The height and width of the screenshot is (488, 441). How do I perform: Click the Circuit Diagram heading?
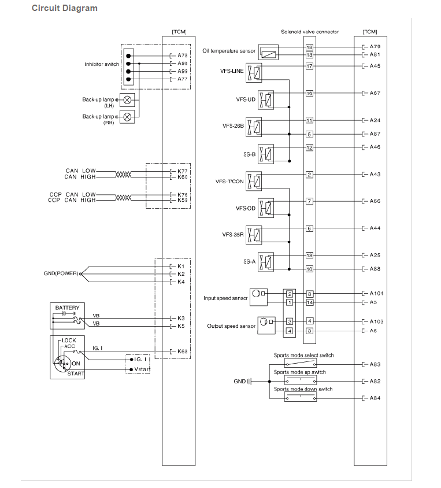[65, 8]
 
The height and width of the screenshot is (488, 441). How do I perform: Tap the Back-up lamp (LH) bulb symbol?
[127, 100]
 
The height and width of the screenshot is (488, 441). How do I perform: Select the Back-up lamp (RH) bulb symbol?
[127, 117]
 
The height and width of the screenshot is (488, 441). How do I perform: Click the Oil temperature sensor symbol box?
[268, 52]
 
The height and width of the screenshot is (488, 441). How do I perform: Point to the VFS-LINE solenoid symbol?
[254, 73]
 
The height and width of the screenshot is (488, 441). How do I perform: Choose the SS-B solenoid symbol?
[266, 154]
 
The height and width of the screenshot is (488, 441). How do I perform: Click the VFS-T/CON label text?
[229, 182]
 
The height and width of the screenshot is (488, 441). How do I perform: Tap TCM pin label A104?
[376, 293]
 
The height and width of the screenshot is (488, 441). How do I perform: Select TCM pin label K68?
[182, 352]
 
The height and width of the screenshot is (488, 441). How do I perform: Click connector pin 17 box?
[309, 66]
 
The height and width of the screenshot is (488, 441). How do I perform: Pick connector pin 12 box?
[309, 147]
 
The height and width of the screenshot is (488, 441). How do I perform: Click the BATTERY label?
[67, 308]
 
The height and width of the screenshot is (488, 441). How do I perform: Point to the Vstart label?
[142, 369]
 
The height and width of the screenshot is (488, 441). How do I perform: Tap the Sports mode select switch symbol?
[301, 363]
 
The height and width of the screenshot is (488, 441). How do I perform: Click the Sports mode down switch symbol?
[301, 397]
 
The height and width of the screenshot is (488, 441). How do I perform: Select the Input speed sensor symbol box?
[258, 297]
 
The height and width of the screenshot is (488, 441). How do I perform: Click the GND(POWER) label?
[61, 273]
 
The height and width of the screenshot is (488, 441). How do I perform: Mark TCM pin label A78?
[182, 56]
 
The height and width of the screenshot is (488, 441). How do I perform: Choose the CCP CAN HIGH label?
[72, 200]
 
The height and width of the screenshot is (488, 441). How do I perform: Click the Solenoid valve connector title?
[310, 32]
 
